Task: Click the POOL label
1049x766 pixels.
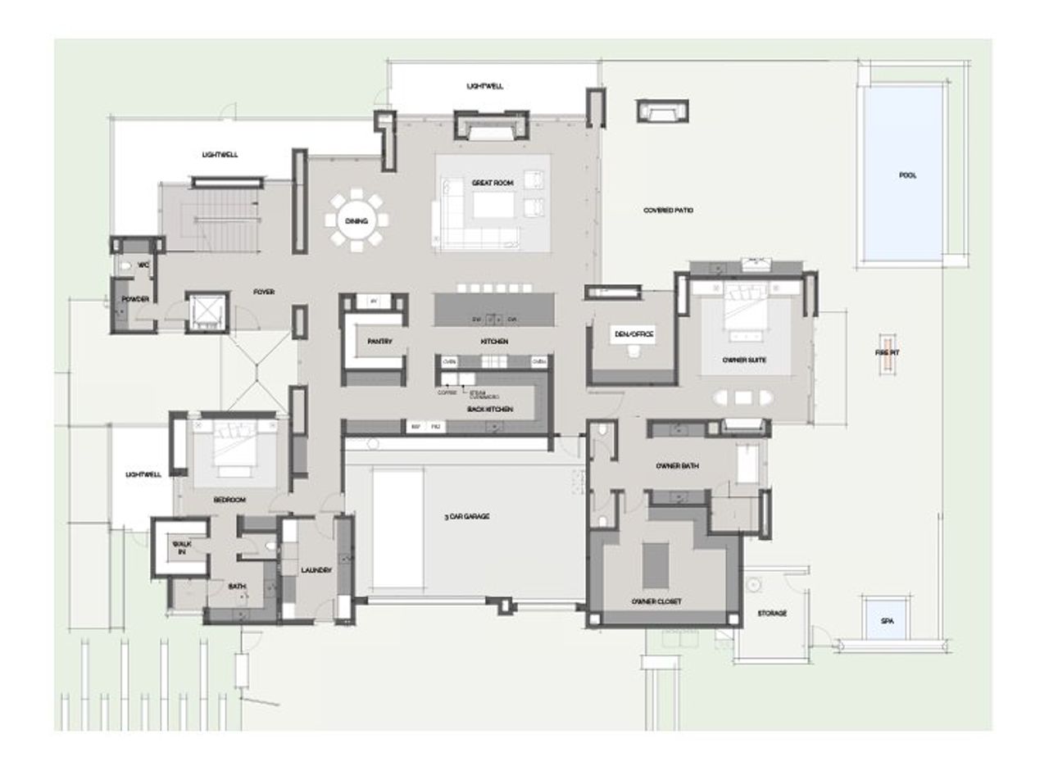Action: coord(907,175)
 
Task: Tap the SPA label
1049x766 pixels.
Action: coord(887,621)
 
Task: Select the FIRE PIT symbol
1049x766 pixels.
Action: coord(885,353)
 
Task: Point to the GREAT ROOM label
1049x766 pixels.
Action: coord(492,183)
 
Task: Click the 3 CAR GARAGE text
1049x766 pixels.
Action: coord(466,517)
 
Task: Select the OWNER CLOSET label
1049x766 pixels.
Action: coord(656,601)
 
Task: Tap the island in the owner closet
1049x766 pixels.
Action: coord(654,565)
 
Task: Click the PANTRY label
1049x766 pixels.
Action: coord(380,342)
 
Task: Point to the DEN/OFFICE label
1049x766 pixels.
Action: coord(633,334)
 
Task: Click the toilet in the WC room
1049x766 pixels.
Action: coord(125,266)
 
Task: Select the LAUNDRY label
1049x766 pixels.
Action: coord(316,570)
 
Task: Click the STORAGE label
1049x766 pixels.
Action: coord(772,613)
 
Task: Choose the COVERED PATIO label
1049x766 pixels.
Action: coord(668,211)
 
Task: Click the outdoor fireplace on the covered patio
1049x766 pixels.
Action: coord(662,110)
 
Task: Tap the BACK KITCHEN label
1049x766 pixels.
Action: coord(490,408)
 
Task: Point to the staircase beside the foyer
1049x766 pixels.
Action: coord(211,217)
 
